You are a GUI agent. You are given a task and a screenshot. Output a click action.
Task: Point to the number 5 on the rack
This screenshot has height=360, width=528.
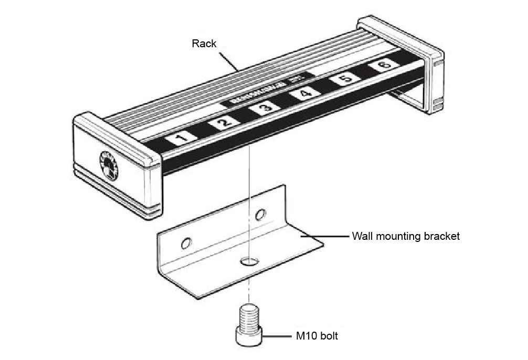[x=346, y=79]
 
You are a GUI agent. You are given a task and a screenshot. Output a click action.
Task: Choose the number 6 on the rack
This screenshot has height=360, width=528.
[x=385, y=65]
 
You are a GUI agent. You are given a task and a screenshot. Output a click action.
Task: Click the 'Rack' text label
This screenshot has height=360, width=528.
[x=204, y=44]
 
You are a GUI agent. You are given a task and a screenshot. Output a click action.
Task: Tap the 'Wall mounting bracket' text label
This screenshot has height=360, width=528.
[x=406, y=236]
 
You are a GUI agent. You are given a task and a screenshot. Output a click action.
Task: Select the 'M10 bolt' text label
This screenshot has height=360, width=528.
[x=315, y=335]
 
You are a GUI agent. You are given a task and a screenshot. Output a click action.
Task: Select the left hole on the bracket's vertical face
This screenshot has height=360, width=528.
[x=185, y=243]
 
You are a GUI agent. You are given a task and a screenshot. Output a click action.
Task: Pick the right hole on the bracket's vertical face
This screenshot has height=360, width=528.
[x=260, y=214]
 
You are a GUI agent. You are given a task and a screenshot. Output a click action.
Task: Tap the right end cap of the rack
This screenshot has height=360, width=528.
[x=415, y=63]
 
